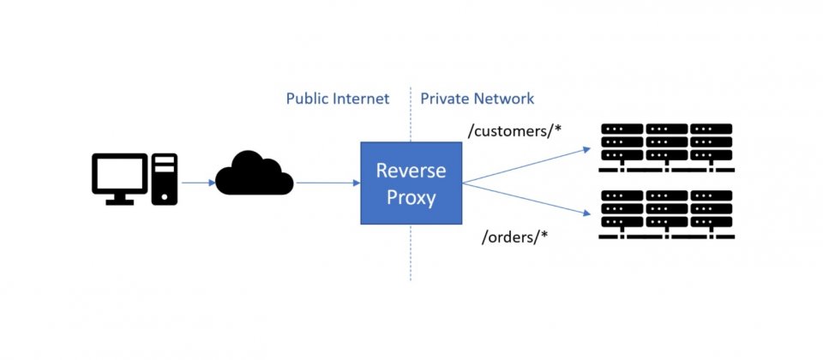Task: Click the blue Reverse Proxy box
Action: pyautogui.click(x=411, y=183)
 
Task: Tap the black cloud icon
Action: pyautogui.click(x=255, y=173)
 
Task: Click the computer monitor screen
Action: pyautogui.click(x=120, y=174)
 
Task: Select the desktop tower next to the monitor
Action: pyautogui.click(x=165, y=179)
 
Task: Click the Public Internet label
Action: pyautogui.click(x=338, y=99)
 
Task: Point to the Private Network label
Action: pyautogui.click(x=478, y=99)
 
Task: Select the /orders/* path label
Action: pyautogui.click(x=515, y=237)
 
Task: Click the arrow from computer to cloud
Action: pyautogui.click(x=198, y=183)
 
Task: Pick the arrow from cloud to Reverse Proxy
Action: pyautogui.click(x=328, y=183)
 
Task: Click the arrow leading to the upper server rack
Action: pyautogui.click(x=526, y=165)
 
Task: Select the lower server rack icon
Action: pyautogui.click(x=667, y=214)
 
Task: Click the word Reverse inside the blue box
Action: pyautogui.click(x=411, y=171)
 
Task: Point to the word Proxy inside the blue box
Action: pyautogui.click(x=411, y=198)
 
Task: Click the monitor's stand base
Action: pyautogui.click(x=120, y=202)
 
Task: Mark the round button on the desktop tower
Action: pyautogui.click(x=165, y=197)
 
